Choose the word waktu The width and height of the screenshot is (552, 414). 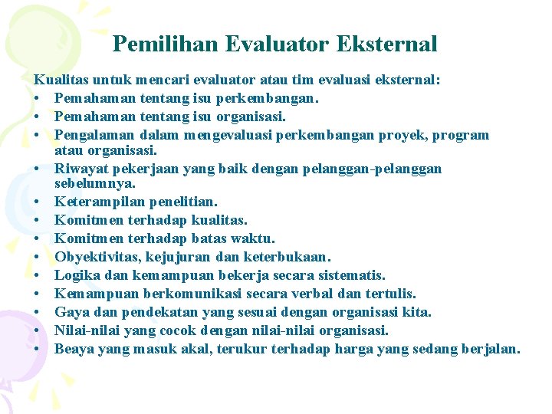click(x=253, y=238)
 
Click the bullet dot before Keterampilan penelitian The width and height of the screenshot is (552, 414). click(x=38, y=202)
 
